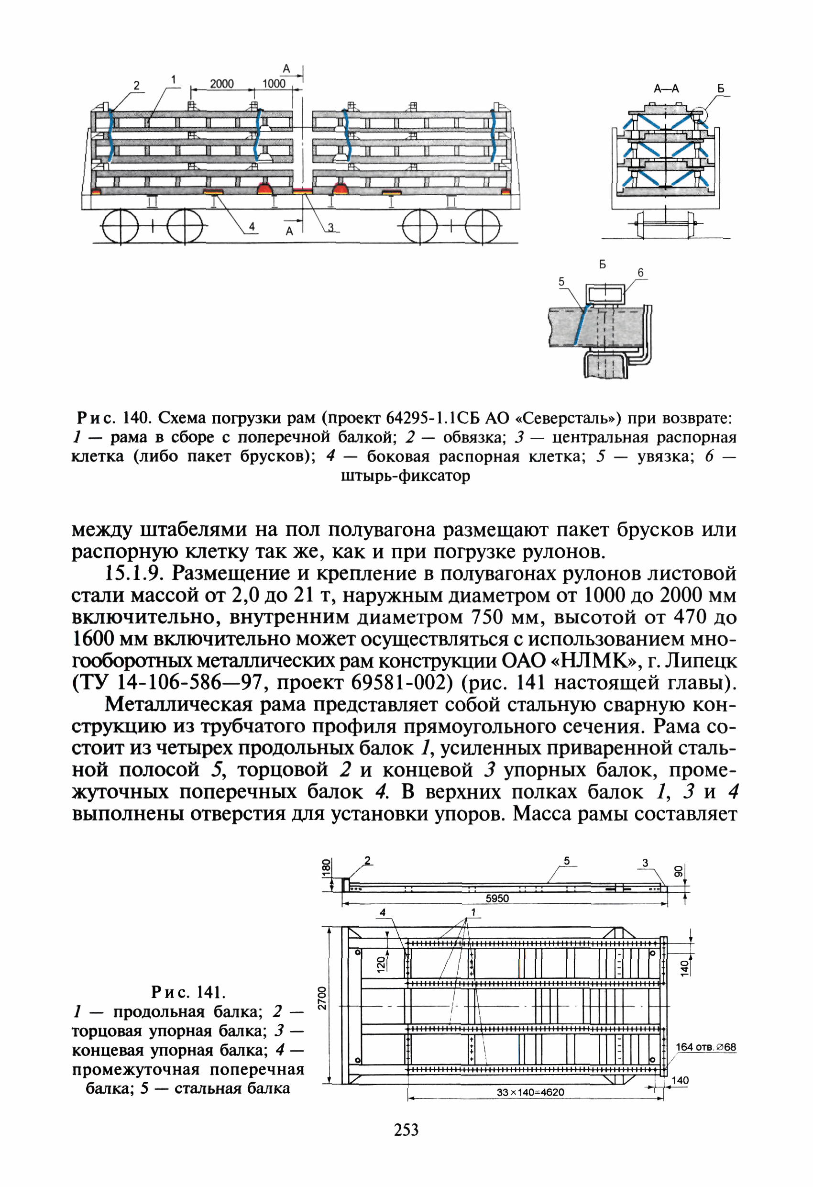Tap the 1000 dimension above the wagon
[274, 84]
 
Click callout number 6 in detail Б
[640, 273]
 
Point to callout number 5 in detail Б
[561, 281]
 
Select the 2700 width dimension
[322, 998]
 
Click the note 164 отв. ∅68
[706, 1047]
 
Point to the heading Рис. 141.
[188, 992]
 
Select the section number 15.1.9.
[134, 573]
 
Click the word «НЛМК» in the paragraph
[595, 661]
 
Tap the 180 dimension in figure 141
[326, 868]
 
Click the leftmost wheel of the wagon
[120, 226]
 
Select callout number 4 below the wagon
[251, 226]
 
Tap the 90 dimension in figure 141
[678, 871]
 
